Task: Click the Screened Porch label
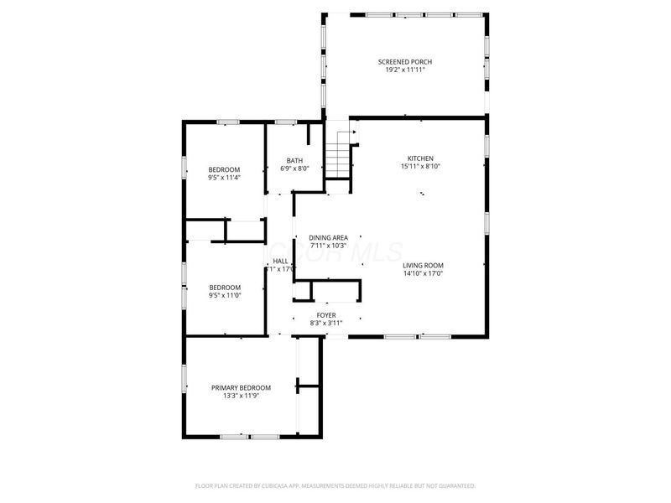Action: (x=405, y=62)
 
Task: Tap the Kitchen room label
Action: (x=420, y=158)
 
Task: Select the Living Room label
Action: (x=423, y=265)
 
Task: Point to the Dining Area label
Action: (x=328, y=237)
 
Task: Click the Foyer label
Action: (x=326, y=315)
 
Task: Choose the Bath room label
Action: (x=294, y=161)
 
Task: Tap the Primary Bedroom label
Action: (x=241, y=387)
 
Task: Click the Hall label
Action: (x=281, y=262)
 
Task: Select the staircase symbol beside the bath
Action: (x=337, y=158)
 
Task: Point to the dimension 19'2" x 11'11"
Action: (x=405, y=70)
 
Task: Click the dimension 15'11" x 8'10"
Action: (x=420, y=167)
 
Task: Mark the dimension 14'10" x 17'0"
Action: (x=423, y=273)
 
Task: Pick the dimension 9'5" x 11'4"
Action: (x=224, y=178)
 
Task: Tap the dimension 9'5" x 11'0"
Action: (x=224, y=294)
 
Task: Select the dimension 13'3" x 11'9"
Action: (x=241, y=396)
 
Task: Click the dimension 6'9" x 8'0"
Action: (x=294, y=169)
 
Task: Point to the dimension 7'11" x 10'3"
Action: (x=328, y=246)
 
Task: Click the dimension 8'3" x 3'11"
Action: (x=326, y=323)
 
